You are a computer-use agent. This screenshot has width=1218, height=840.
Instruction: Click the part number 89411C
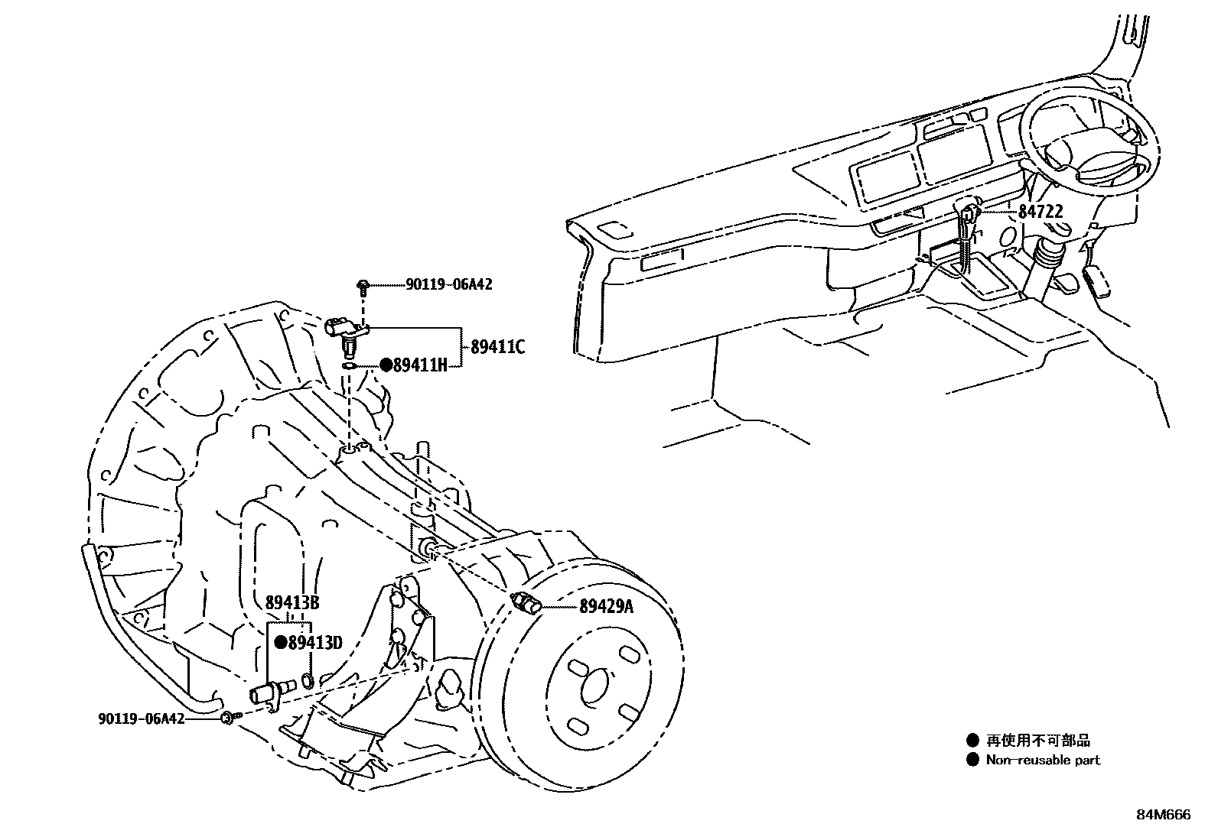tap(498, 347)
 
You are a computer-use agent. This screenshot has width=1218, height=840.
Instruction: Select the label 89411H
tap(419, 365)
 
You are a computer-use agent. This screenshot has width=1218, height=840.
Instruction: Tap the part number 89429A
tap(607, 607)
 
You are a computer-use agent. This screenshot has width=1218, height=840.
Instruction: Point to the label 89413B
tap(292, 603)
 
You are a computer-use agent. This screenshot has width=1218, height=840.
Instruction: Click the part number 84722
tap(1040, 212)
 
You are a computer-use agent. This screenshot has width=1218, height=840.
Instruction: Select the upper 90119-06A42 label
tap(448, 285)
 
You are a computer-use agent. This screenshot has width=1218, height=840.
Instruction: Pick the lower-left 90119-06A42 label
tap(142, 718)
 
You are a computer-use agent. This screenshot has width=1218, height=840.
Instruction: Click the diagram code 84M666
tap(1163, 815)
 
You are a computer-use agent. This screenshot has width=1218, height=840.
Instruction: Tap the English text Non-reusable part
tap(1043, 760)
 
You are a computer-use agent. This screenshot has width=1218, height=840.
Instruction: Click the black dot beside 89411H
tap(386, 365)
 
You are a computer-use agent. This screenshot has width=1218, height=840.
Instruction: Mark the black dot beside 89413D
tap(281, 644)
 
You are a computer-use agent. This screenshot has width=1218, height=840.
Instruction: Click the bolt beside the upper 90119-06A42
tap(363, 287)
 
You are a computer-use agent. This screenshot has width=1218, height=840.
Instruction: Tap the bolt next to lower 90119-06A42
tap(229, 718)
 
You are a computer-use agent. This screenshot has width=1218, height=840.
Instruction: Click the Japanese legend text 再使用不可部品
tap(1037, 740)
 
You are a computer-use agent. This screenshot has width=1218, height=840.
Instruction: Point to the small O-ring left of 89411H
tap(348, 367)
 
